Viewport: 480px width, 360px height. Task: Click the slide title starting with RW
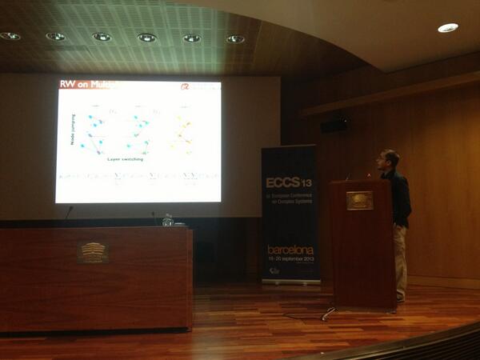click(88, 84)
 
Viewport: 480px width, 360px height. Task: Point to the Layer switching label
click(126, 159)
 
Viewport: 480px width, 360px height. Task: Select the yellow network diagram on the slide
click(183, 130)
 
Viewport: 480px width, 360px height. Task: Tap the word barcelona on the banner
click(290, 250)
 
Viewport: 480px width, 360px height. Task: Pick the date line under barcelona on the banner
click(290, 258)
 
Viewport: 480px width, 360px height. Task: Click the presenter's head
click(390, 158)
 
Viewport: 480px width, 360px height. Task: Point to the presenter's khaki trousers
click(400, 260)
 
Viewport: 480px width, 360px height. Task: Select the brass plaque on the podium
click(359, 201)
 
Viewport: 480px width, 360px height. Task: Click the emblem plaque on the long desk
click(93, 252)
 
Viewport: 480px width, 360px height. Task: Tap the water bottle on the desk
click(167, 218)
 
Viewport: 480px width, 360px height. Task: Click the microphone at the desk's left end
click(68, 213)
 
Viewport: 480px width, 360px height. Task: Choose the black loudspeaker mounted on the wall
click(334, 126)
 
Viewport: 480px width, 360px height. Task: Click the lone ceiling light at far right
click(448, 28)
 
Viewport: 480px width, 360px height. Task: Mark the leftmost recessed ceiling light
click(10, 36)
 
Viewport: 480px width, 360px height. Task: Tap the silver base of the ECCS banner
click(291, 282)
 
